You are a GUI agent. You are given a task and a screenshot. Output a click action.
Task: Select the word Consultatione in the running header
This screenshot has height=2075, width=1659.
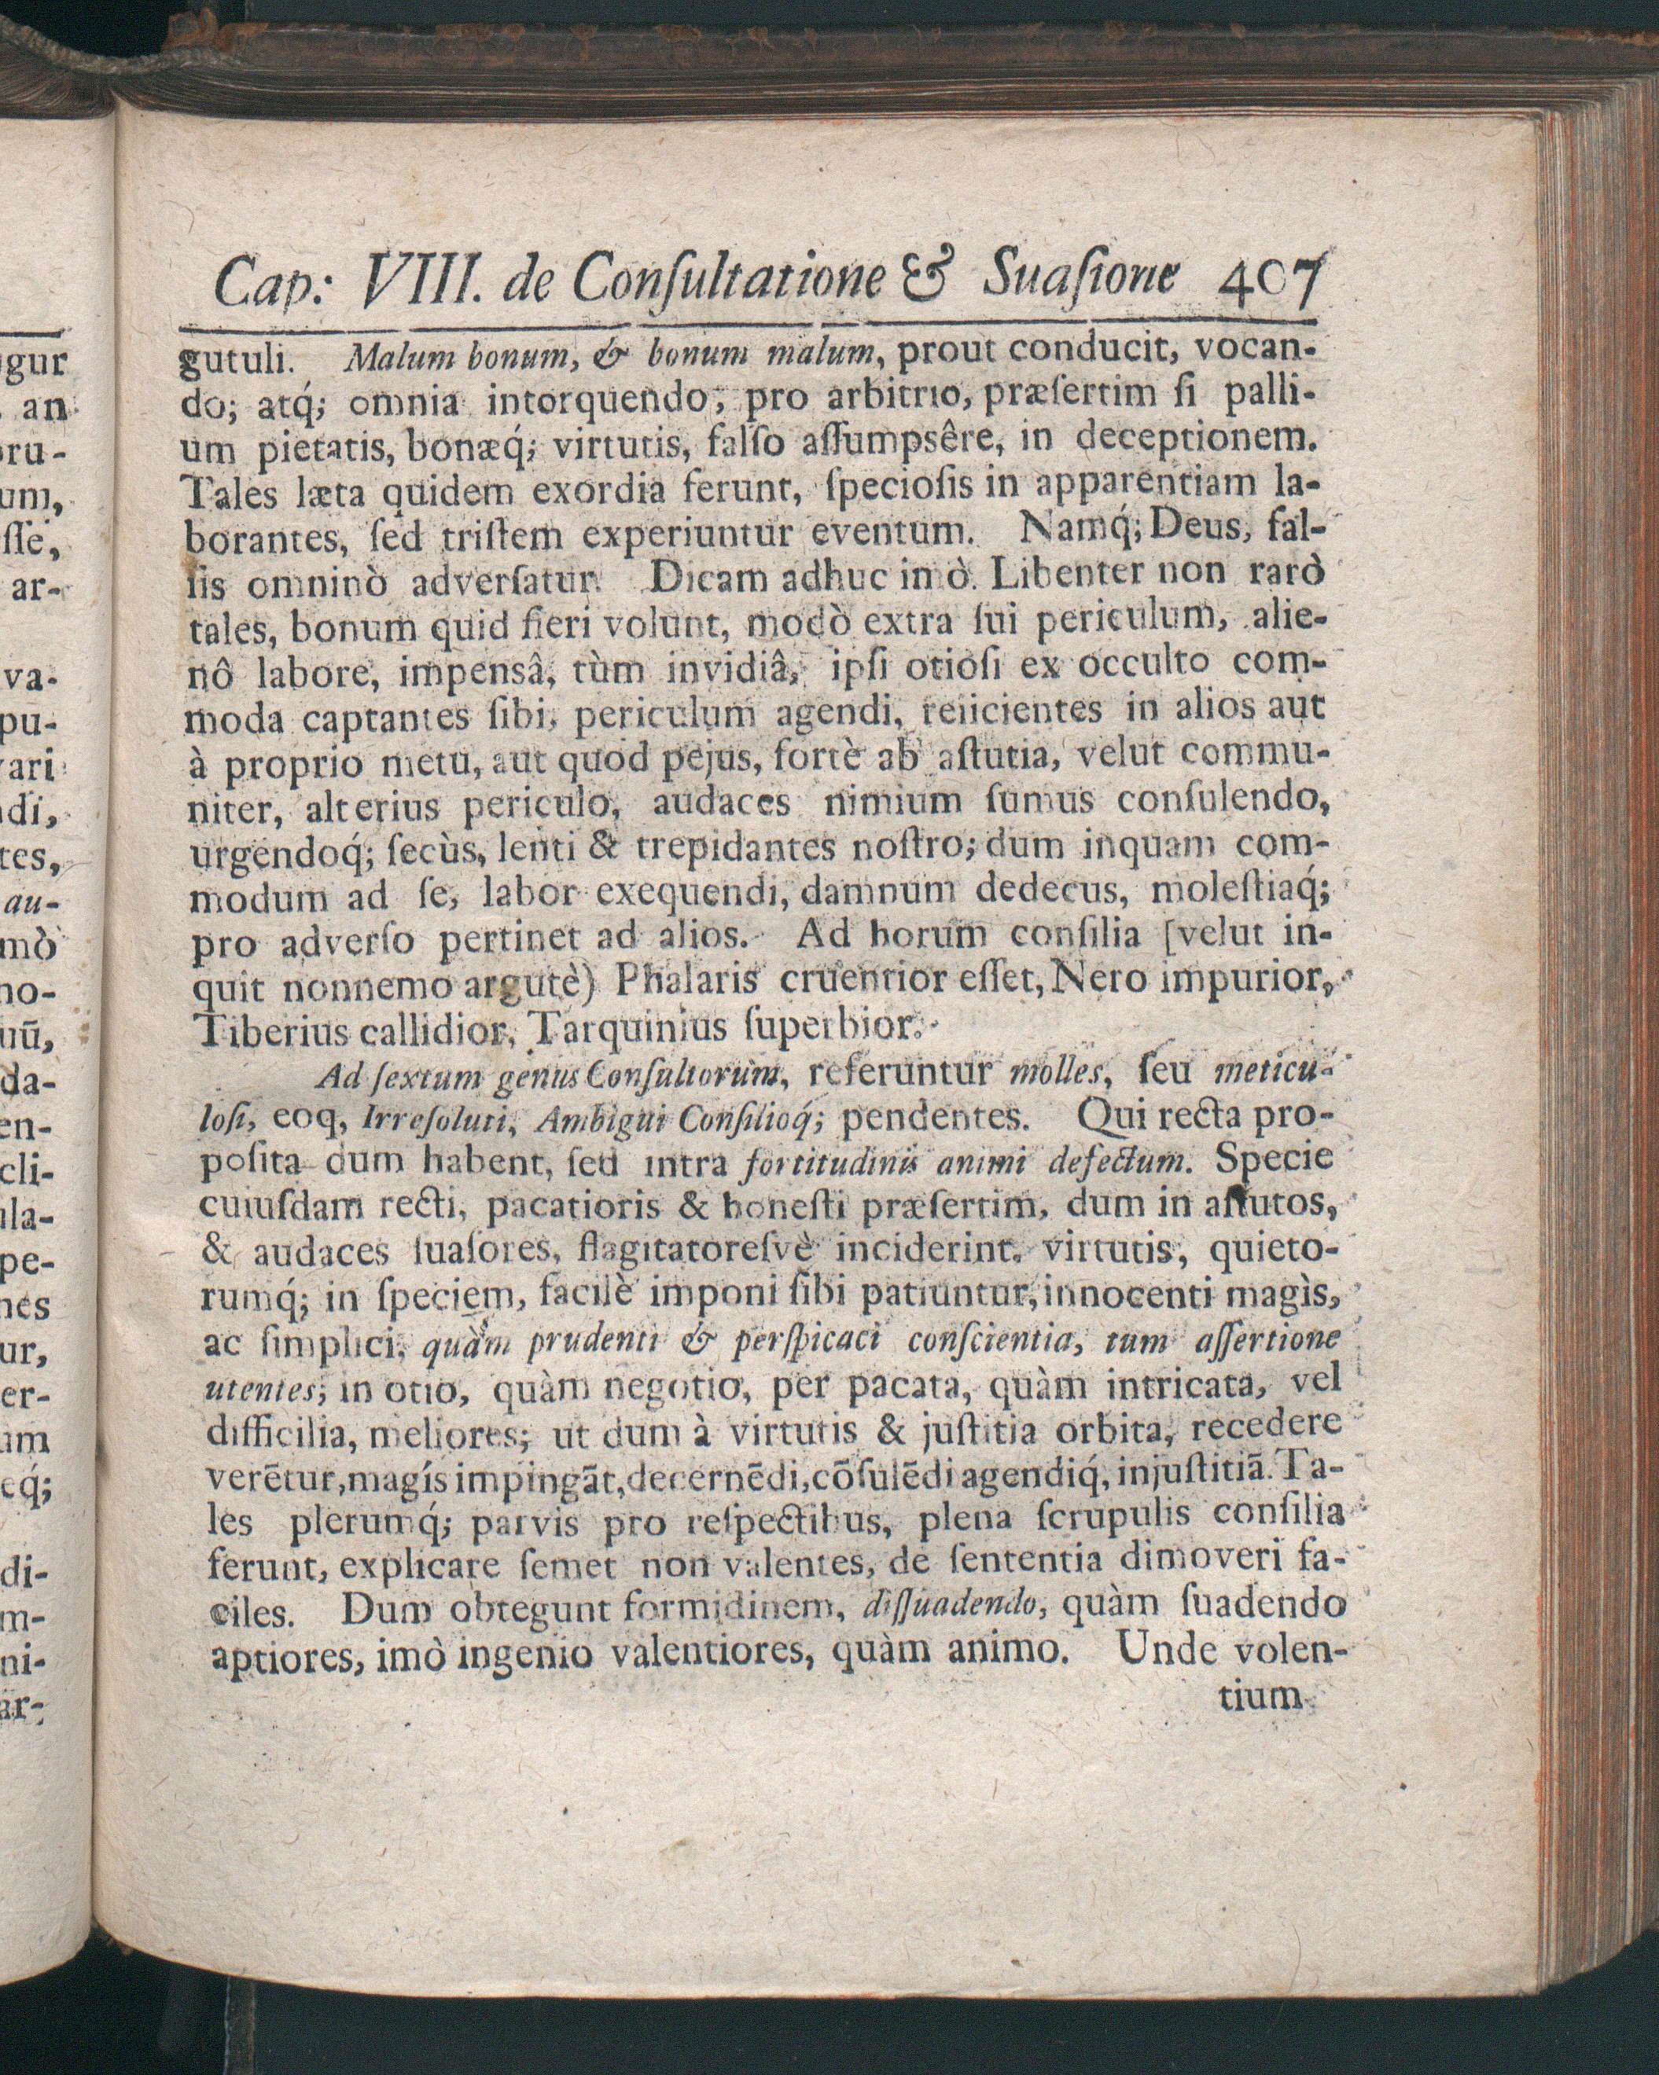point(727,280)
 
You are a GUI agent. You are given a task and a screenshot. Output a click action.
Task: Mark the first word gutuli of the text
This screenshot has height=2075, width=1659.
point(235,362)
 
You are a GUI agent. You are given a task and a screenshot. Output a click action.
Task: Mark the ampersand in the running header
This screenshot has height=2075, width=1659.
point(927,279)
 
